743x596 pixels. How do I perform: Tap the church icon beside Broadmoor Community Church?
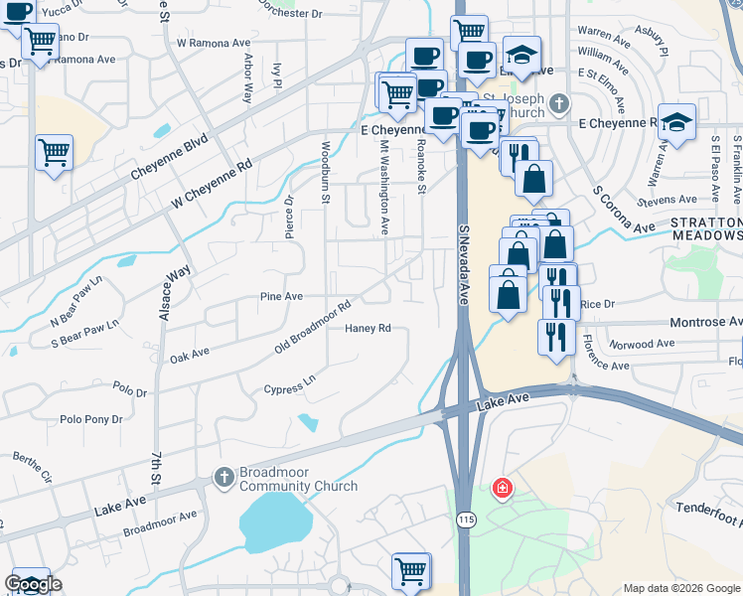(223, 479)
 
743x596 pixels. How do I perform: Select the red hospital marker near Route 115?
(503, 489)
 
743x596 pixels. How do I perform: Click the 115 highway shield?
(465, 519)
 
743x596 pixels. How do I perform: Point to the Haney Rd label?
(369, 329)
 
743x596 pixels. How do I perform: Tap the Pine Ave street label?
(280, 296)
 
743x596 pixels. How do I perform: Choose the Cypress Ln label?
(289, 384)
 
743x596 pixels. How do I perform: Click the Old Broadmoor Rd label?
(313, 329)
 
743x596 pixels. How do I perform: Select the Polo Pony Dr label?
(91, 419)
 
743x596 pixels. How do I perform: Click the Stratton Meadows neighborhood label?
(705, 228)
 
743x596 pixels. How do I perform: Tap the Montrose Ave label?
(706, 323)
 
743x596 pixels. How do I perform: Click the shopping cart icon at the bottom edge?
(410, 571)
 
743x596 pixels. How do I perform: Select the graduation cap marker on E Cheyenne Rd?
(676, 123)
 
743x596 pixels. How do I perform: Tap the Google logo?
(34, 584)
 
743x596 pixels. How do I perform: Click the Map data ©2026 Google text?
(680, 588)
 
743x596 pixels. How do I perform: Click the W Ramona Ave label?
(214, 44)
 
